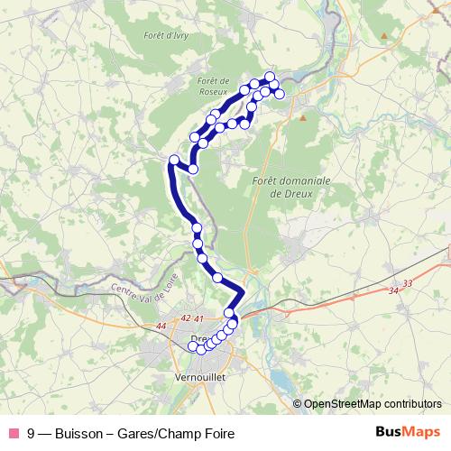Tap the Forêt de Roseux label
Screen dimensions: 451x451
(x=213, y=85)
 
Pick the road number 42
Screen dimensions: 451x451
(x=186, y=318)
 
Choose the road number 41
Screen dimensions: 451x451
(x=199, y=318)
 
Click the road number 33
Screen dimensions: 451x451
(x=408, y=283)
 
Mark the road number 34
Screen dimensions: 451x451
(x=392, y=290)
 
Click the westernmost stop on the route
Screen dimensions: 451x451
(x=174, y=161)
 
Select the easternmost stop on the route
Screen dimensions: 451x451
(x=280, y=94)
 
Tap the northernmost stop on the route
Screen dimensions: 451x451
(x=270, y=77)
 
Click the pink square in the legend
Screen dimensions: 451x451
(x=12, y=434)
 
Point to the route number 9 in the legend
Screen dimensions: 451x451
(x=32, y=434)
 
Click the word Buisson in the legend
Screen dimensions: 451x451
(x=78, y=434)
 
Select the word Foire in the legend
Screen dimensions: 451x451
(x=216, y=434)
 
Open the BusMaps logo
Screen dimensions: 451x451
(x=409, y=432)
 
